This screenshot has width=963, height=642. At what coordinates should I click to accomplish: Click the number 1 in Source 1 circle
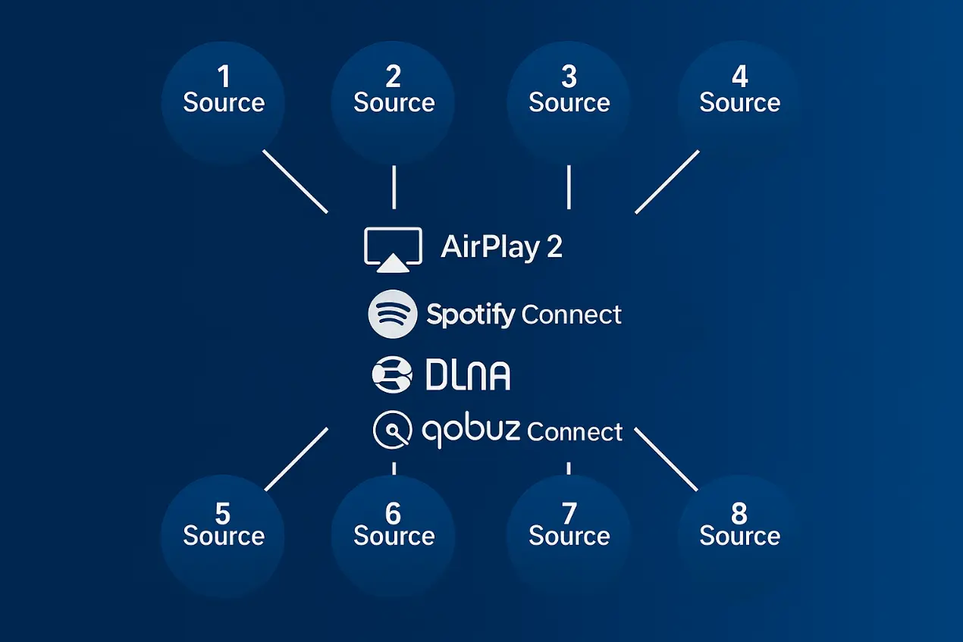click(223, 77)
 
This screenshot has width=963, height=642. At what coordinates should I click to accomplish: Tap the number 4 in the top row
click(739, 77)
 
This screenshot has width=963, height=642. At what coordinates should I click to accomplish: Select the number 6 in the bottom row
click(393, 513)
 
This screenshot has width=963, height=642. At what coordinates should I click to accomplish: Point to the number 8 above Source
click(739, 513)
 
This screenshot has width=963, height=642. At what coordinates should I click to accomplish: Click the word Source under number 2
click(394, 103)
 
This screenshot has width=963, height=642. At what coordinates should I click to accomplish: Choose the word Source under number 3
click(569, 103)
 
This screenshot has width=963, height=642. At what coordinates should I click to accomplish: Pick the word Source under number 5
click(224, 537)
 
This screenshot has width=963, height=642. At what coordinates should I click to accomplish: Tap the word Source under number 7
click(569, 537)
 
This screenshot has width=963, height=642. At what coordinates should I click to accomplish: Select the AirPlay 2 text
click(501, 247)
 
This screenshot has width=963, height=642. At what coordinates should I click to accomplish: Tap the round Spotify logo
click(392, 314)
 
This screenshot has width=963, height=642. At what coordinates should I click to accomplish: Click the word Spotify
click(471, 315)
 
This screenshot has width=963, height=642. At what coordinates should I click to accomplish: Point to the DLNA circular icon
click(392, 374)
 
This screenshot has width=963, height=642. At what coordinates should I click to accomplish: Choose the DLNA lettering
click(468, 375)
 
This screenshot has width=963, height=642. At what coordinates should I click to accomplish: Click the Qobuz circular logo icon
click(393, 431)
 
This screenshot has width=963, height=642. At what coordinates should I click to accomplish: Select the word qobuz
click(470, 431)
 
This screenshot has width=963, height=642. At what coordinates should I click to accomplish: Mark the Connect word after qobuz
click(575, 432)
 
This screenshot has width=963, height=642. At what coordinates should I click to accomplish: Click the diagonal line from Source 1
click(295, 181)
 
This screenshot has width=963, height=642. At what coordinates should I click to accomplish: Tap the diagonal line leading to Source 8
click(666, 459)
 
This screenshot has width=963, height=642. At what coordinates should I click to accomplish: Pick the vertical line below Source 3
click(569, 186)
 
